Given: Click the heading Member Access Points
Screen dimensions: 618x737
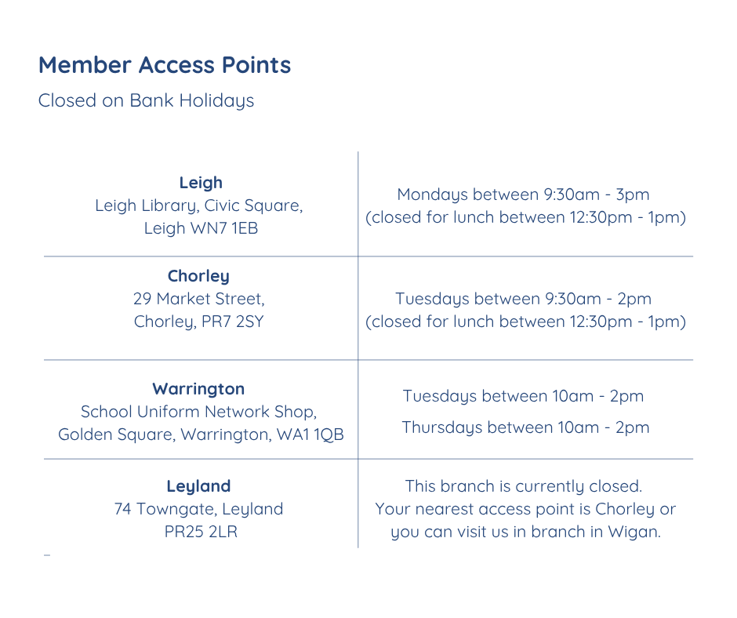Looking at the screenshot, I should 165,65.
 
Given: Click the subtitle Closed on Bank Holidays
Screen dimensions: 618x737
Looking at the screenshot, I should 146,101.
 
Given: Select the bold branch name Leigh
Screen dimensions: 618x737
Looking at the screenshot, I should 201,183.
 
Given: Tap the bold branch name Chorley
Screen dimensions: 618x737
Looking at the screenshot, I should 198,276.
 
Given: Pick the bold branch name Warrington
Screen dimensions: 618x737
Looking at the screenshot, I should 198,389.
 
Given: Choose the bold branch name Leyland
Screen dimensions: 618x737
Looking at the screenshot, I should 198,486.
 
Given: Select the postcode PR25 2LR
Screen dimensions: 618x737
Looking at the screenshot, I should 198,532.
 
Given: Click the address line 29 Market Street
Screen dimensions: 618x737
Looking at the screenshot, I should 198,299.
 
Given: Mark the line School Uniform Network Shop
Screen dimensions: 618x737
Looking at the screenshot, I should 198,412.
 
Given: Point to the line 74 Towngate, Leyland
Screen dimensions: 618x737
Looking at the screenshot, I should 198,509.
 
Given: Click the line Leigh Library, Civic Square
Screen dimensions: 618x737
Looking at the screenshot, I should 198,205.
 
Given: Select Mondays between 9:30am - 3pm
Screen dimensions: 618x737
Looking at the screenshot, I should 523,194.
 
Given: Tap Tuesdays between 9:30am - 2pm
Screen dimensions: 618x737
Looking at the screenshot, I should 523,299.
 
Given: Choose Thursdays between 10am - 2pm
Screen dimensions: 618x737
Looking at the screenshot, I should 525,427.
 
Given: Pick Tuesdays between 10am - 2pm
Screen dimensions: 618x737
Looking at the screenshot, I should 523,396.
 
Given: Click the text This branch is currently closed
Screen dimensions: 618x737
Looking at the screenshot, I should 524,486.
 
